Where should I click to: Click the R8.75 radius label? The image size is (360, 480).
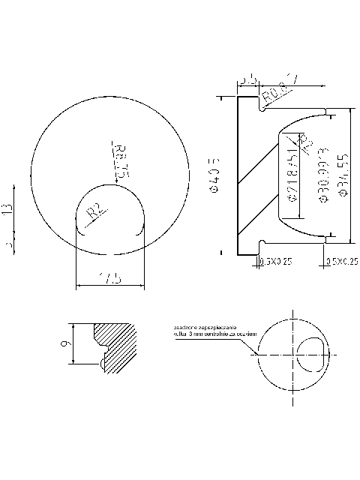pos(120,159)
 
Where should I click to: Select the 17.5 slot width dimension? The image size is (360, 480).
pos(110,279)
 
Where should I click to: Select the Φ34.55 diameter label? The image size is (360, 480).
pos(343,175)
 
